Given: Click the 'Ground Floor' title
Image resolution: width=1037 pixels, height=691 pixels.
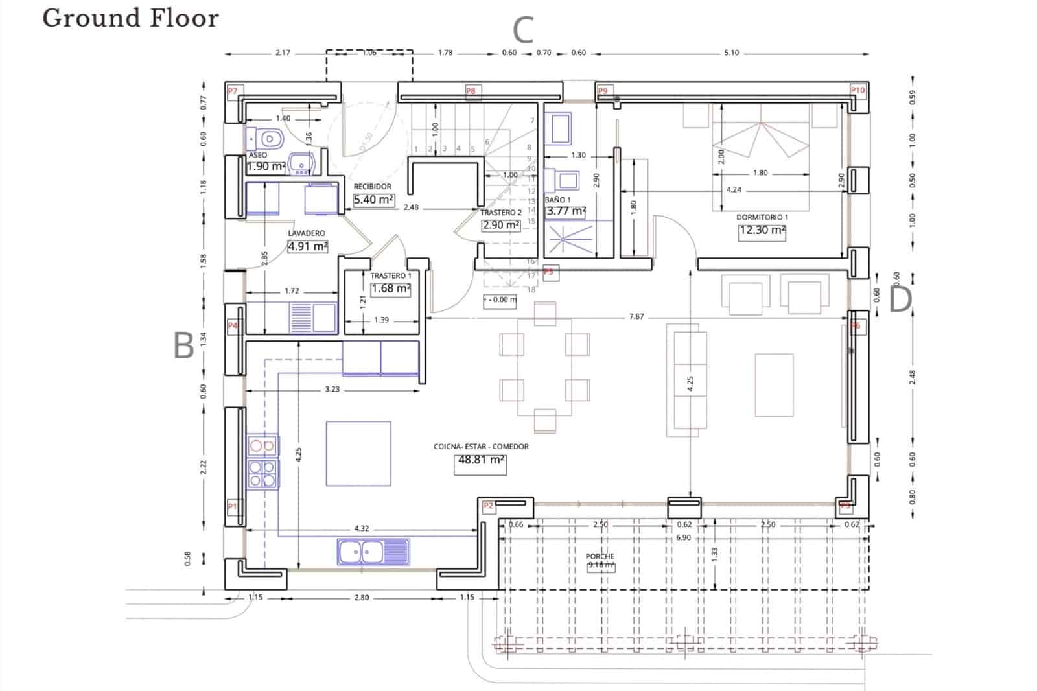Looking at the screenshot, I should coord(130,18).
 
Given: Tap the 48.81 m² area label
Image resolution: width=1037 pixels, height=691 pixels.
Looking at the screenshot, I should coord(480,460).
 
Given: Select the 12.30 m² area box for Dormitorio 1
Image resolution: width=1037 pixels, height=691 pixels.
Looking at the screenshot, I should coord(762,231).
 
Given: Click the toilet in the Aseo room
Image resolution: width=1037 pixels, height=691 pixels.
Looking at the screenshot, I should coord(267,138).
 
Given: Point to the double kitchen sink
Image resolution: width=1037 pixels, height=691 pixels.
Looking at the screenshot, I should coord(373,552).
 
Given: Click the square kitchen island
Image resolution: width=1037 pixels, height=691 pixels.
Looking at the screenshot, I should coord(358,453).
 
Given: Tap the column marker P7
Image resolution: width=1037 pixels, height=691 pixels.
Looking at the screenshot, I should coord(232,91).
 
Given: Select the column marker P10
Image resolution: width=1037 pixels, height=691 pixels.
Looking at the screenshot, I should coord(857,91).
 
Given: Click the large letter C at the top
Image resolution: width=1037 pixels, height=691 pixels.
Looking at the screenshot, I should coord(522,30).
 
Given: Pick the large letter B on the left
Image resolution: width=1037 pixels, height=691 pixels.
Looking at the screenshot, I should coord(184,345).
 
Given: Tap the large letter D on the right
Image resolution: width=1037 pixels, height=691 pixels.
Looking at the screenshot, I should coord(900,300).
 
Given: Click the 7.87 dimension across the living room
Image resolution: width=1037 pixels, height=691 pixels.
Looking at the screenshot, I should coord(636,317).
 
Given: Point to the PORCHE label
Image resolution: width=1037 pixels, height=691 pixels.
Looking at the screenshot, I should coord(600,556).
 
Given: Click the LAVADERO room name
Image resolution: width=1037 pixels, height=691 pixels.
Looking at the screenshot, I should coord(307,233).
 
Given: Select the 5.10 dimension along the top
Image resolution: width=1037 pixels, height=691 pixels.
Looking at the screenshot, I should coord(731,53).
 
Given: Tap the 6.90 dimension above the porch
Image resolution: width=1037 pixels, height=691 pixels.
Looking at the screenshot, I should coord(683,537).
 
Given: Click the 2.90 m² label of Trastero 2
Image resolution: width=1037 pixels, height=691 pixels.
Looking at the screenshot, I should coord(501,225).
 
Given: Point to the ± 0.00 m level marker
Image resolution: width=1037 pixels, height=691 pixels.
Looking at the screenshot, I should coord(500,299).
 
